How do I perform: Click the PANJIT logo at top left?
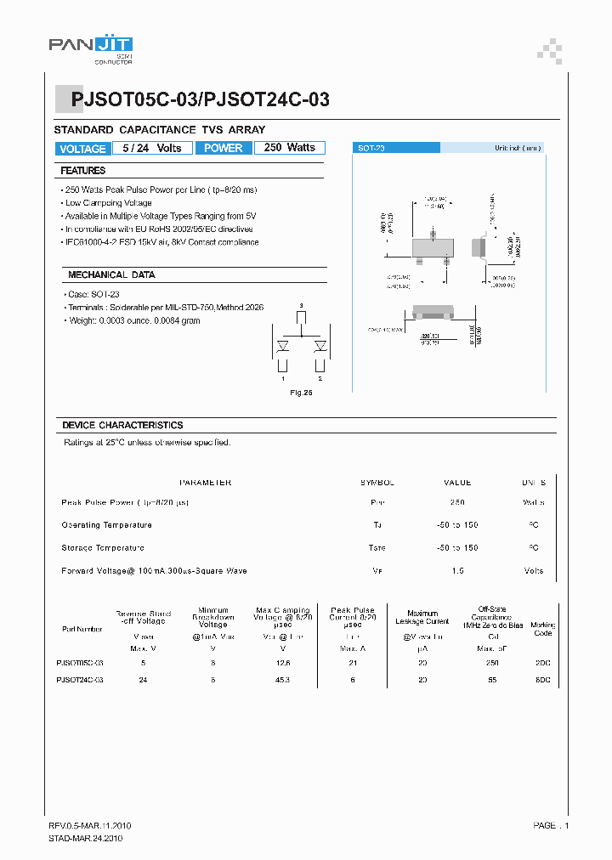[x=92, y=48]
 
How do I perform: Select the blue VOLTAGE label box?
[x=82, y=149]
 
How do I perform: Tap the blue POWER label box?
[x=224, y=148]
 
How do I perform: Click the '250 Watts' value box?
[x=289, y=148]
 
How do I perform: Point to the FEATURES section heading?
[x=83, y=171]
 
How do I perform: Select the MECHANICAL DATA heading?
[x=111, y=275]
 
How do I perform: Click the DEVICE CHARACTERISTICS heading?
[x=122, y=425]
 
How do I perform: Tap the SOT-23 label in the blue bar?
[x=371, y=148]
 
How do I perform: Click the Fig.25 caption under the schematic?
[x=302, y=393]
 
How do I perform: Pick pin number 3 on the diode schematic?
[x=301, y=305]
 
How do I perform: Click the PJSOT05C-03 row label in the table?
[x=80, y=662]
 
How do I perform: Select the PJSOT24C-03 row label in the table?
[x=80, y=680]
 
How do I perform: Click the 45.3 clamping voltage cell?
[x=282, y=680]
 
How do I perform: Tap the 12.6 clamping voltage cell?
[x=282, y=662]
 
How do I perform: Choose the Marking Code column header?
[x=542, y=629]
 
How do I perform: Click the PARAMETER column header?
[x=206, y=483]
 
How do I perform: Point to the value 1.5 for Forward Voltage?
[x=458, y=571]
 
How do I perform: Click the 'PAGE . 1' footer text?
[x=551, y=826]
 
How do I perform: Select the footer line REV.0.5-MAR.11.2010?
[x=89, y=826]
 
